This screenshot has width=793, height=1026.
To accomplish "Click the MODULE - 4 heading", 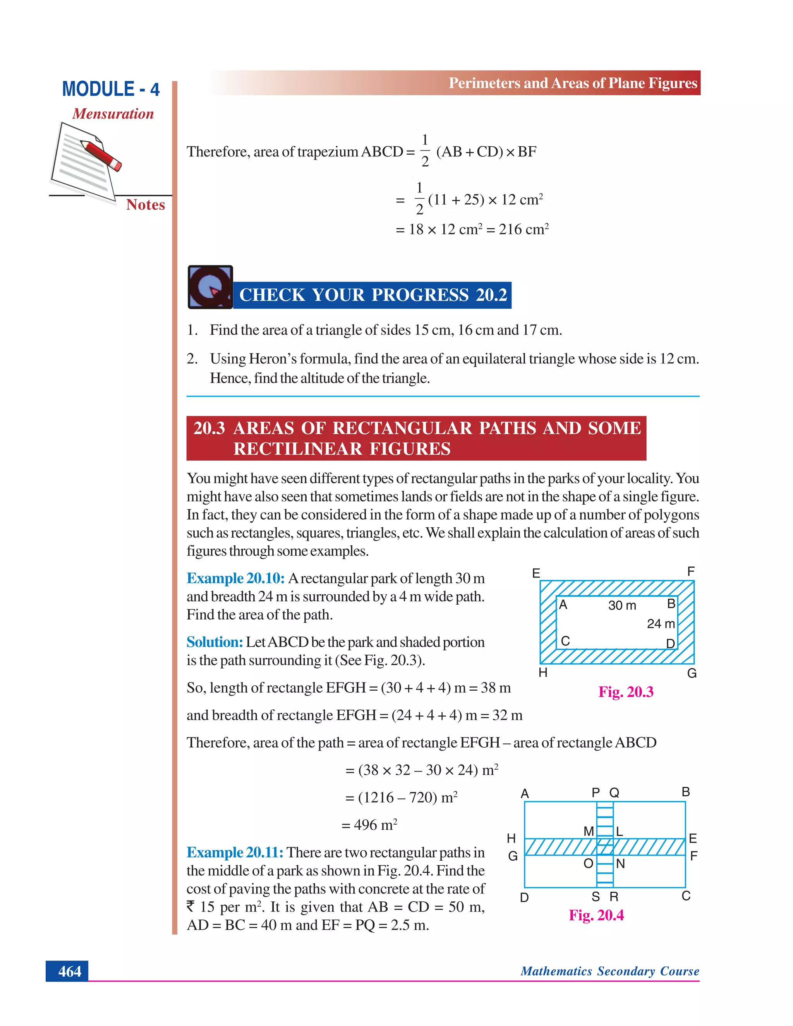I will click(x=111, y=89).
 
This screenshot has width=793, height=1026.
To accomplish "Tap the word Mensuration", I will click(x=113, y=114).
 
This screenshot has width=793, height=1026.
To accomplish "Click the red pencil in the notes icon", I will click(x=101, y=154).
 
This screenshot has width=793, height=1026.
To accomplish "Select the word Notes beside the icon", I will click(x=145, y=205).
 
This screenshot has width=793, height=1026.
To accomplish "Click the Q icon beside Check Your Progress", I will click(x=210, y=287).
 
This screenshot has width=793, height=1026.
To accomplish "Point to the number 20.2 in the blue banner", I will click(x=491, y=295).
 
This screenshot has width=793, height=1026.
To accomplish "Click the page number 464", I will click(x=70, y=971).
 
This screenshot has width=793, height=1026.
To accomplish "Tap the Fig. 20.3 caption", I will click(x=625, y=692).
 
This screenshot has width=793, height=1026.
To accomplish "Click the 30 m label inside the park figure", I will click(x=621, y=606).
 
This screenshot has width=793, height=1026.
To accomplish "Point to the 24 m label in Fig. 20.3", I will click(x=660, y=624).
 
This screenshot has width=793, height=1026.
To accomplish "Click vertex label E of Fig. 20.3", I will click(x=536, y=573).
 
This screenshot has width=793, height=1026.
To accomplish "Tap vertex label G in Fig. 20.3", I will click(x=692, y=673).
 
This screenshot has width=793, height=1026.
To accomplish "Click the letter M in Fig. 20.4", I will click(x=588, y=832).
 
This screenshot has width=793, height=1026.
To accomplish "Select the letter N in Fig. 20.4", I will click(x=620, y=864).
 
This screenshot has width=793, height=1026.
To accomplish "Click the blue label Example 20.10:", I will click(x=235, y=578).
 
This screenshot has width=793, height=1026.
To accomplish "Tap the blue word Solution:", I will click(x=215, y=642).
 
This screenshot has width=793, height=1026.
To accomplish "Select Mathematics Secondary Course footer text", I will click(x=609, y=971).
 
